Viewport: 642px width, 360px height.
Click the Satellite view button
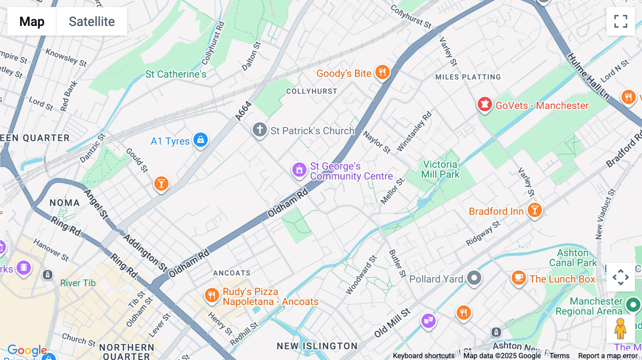[x=92, y=21]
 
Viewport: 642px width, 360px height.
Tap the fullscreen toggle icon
[x=621, y=21]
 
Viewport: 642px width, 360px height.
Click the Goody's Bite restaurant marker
[x=382, y=72]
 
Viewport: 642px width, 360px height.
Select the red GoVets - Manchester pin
[x=484, y=104]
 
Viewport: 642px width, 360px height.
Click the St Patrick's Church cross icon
[x=260, y=129]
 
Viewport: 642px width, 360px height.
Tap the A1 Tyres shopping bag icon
[x=200, y=140]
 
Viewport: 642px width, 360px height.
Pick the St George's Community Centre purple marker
[x=299, y=170]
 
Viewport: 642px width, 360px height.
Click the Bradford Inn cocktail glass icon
[x=534, y=210]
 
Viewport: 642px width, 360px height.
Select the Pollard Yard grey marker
[x=474, y=278]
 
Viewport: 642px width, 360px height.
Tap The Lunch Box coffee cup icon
[x=519, y=277]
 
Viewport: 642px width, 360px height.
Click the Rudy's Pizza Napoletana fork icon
[x=212, y=295]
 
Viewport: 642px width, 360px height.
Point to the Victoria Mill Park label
[x=440, y=169]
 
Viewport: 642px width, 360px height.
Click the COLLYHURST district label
[x=311, y=91]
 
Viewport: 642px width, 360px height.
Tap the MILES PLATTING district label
[x=468, y=77]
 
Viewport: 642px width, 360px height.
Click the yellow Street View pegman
[x=620, y=329]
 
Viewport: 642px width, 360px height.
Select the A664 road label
[x=244, y=111]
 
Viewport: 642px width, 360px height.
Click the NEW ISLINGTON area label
[x=317, y=346]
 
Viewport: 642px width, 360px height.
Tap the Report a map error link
[x=608, y=356]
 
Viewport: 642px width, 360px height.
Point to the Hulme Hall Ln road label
[x=588, y=76]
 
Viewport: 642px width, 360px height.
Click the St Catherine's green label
[x=175, y=74]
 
